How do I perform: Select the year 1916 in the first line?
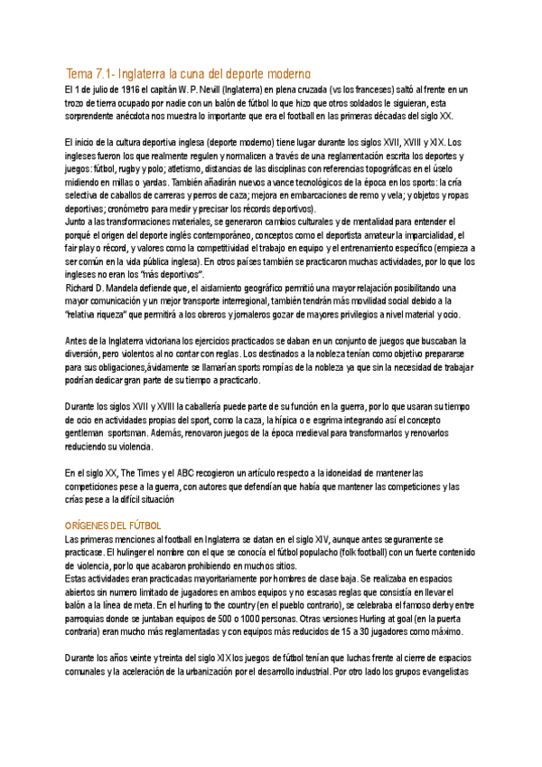coord(127,90)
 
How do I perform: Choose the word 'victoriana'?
coord(166,340)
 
